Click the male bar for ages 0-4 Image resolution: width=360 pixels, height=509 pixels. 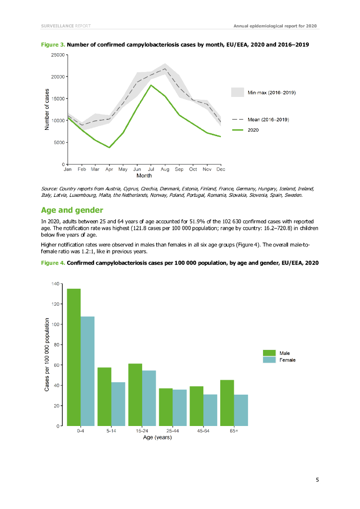[x=74, y=357]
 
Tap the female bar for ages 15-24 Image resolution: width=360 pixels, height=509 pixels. [x=149, y=398]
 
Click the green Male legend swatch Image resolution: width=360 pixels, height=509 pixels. [x=269, y=352]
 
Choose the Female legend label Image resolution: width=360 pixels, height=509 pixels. [x=288, y=359]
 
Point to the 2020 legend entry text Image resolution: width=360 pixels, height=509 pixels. [x=253, y=130]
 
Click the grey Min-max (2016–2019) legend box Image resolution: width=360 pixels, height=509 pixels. [x=238, y=92]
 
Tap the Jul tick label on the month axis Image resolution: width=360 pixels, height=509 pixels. [x=151, y=170]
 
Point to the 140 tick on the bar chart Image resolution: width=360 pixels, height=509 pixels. [x=55, y=283]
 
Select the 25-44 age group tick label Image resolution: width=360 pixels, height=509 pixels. [x=173, y=431]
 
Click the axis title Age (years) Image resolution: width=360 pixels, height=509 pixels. [x=157, y=437]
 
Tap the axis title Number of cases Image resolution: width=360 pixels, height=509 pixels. [x=47, y=109]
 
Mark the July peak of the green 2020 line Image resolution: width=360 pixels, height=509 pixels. [x=151, y=85]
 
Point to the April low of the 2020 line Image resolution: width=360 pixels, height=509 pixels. [x=109, y=147]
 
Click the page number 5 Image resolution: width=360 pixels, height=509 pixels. [x=317, y=480]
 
